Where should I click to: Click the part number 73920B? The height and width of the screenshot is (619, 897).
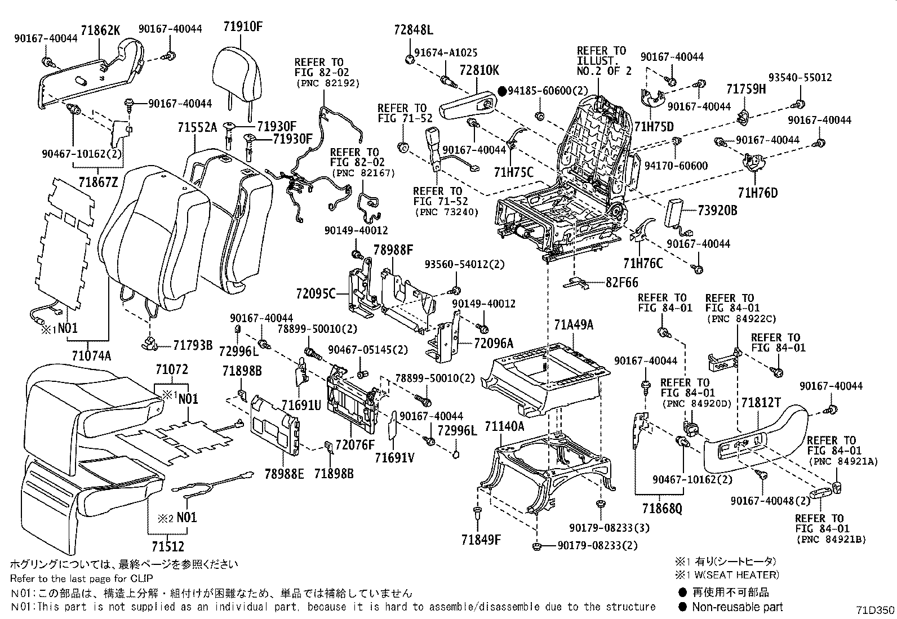tap(717, 211)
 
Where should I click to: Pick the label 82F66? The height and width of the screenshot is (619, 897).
tap(623, 282)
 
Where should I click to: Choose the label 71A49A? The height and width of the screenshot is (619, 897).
tap(574, 325)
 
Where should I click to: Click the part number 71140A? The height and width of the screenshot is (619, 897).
tap(504, 426)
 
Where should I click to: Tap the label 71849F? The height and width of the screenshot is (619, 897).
tap(481, 540)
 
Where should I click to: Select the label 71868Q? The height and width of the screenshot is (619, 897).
tap(661, 509)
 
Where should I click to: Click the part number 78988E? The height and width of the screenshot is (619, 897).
tap(284, 474)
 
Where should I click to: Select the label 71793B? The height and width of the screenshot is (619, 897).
tap(193, 345)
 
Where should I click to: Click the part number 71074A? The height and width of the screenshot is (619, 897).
tap(91, 355)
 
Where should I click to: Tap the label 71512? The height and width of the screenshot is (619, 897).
tap(167, 546)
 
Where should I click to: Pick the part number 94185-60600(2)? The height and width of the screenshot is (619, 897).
tap(548, 90)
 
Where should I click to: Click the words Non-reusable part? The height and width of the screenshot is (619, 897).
tap(737, 607)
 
